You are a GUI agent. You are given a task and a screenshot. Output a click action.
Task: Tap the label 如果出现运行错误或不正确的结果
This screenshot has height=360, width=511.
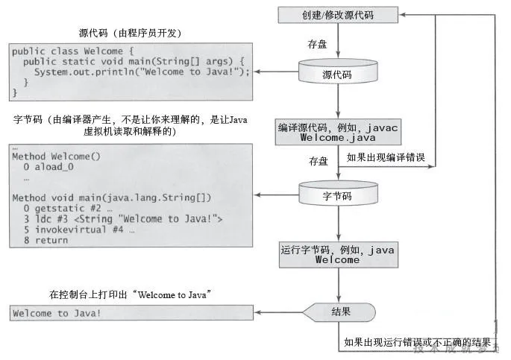point(418,342)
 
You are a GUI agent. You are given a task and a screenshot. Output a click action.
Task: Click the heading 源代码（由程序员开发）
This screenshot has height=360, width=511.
point(131,33)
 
